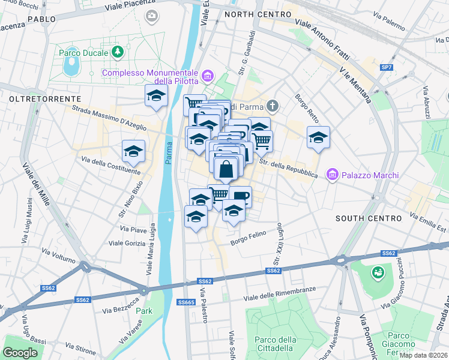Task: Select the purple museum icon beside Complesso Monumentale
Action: [x=208, y=76]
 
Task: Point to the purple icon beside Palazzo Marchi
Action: [x=332, y=175]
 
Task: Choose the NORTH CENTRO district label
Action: [x=253, y=14]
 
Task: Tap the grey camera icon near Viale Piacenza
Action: [x=152, y=15]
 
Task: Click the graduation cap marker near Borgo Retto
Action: [x=318, y=137]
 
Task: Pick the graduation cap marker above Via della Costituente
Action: [x=133, y=151]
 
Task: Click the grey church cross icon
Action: [x=273, y=107]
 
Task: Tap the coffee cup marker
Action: [x=240, y=196]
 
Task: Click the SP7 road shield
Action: [x=388, y=67]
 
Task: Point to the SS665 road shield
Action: [x=186, y=302]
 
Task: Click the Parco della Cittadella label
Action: [x=276, y=343]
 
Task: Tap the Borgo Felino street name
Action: [x=249, y=242]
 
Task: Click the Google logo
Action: [x=21, y=353]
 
